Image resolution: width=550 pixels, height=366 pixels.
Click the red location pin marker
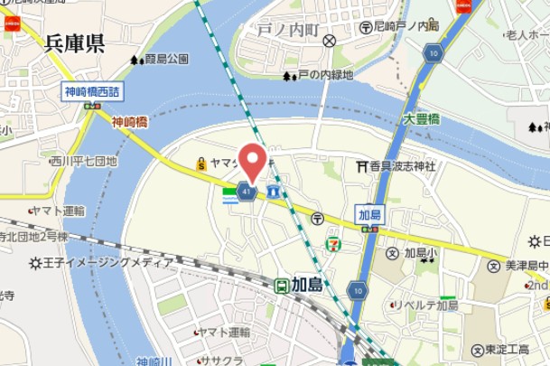[252, 160]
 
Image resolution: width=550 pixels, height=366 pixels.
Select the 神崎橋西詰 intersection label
[92, 91]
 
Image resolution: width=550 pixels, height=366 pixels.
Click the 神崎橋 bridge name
[130, 121]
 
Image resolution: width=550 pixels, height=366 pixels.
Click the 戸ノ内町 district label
[288, 30]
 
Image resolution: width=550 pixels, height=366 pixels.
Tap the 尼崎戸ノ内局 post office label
[406, 26]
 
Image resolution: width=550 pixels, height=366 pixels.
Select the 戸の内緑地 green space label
[324, 76]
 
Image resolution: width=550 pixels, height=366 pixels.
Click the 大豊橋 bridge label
[421, 118]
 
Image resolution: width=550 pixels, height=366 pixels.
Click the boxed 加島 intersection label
[369, 214]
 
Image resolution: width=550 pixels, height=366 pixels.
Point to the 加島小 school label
[419, 253]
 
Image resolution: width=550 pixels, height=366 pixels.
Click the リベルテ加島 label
[429, 305]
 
